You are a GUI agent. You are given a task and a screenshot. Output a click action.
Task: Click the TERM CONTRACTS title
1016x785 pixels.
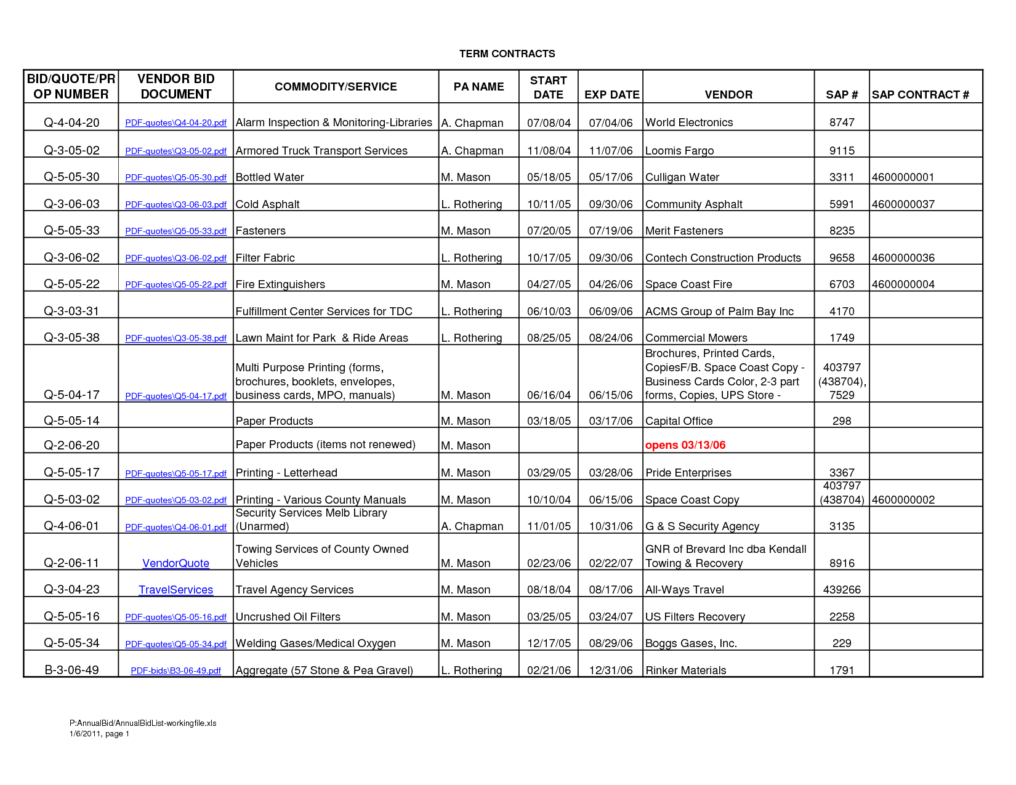tap(507, 54)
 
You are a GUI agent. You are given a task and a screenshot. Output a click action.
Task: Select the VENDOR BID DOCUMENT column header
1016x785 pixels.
tap(175, 86)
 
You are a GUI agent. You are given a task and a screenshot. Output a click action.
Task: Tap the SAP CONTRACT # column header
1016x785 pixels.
tap(920, 94)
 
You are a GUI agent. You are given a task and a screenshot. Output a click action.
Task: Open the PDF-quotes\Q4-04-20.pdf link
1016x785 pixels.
tap(175, 123)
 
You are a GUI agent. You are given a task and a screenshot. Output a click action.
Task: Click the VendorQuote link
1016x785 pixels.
tap(175, 563)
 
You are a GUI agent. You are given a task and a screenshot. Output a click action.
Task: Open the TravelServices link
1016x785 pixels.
tap(175, 590)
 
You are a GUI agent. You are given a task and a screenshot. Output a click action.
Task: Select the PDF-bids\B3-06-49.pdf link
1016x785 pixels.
tap(175, 670)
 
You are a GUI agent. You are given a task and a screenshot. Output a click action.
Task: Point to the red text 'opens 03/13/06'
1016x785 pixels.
tap(685, 445)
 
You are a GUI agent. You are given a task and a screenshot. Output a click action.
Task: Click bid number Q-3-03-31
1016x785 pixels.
tap(71, 311)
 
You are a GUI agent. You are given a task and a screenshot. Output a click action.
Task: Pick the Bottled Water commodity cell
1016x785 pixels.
tap(270, 177)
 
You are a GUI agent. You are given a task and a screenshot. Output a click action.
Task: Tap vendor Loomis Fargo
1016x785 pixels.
tap(679, 151)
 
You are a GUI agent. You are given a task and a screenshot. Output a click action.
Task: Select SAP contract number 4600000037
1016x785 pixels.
tap(903, 204)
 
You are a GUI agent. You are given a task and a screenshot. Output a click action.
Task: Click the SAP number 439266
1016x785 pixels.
tap(841, 590)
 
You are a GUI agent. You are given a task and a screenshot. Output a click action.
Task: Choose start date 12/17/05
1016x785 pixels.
tap(549, 643)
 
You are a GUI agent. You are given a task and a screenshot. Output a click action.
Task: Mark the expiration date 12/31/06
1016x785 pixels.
tap(610, 670)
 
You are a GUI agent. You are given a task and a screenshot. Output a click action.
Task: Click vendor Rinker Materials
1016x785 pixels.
tap(685, 670)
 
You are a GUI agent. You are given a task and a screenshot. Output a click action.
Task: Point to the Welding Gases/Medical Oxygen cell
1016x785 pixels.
tap(315, 643)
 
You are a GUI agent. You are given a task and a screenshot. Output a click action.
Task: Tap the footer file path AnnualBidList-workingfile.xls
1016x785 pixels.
tap(143, 723)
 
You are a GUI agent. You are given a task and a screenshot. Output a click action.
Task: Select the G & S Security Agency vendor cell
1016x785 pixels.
tap(702, 526)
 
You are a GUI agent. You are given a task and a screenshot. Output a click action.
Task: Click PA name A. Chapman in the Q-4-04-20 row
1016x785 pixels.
tap(472, 123)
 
